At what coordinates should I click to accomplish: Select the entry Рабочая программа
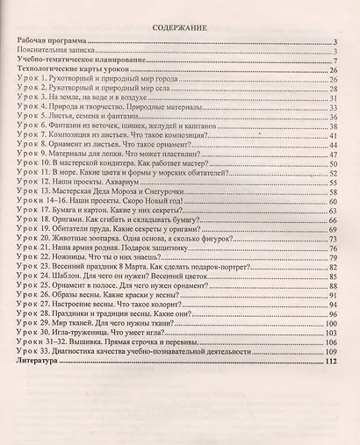coord(54,41)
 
